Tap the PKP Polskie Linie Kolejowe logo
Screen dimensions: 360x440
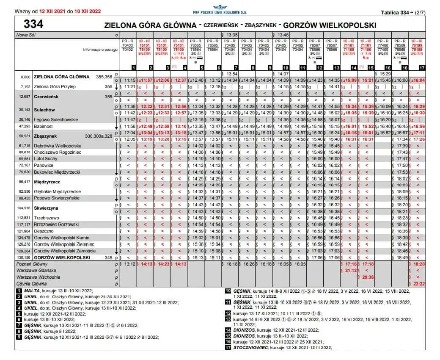pyautogui.click(x=219, y=8)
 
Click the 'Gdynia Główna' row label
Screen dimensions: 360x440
pyautogui.click(x=32, y=283)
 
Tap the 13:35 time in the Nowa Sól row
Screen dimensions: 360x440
pyautogui.click(x=232, y=35)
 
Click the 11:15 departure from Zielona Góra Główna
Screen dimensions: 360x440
pyautogui.click(x=129, y=80)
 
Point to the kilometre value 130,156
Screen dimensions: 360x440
pyautogui.click(x=24, y=258)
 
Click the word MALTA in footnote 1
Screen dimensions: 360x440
pyautogui.click(x=32, y=291)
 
